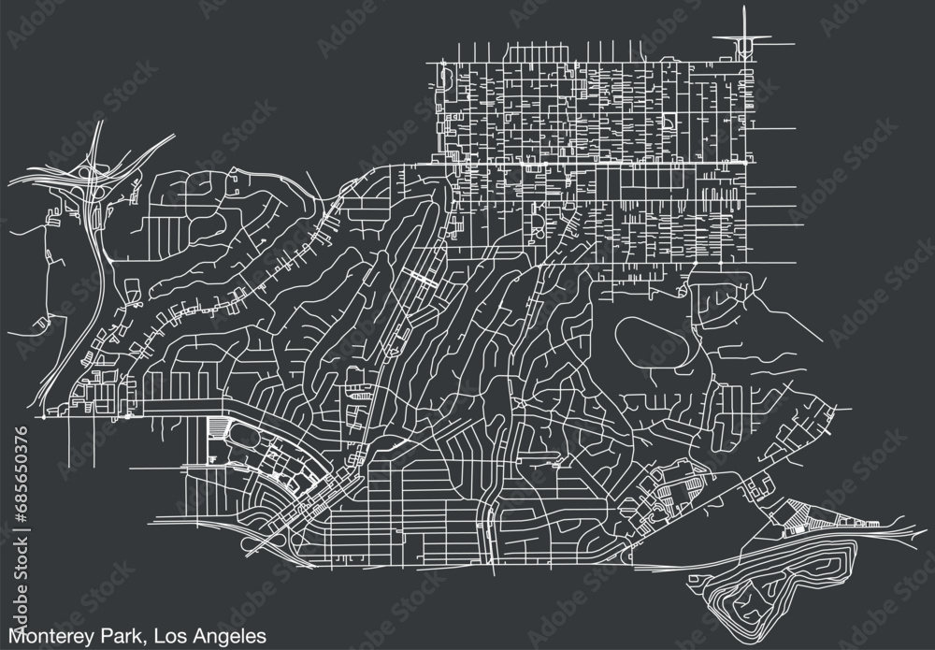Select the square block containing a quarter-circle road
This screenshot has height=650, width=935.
pos(671,123)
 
